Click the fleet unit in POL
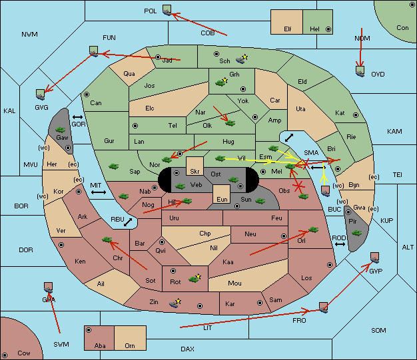coord(167,11)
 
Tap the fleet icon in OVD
coord(360,71)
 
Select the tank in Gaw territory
coord(61,130)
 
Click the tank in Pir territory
coord(356,233)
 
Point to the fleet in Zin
coord(175,303)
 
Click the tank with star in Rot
coord(195,278)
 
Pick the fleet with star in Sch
coord(242,59)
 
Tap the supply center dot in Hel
coord(328,29)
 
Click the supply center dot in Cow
coord(5,355)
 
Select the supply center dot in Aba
coord(89,330)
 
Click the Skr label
coord(195,172)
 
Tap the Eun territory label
coord(222,199)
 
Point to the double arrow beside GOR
coord(78,117)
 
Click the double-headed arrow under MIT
coord(99,192)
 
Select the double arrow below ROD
coord(340,244)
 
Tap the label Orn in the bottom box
coord(130,345)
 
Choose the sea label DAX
coord(187,349)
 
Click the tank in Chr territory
coord(107,240)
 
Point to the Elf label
coord(288,29)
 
